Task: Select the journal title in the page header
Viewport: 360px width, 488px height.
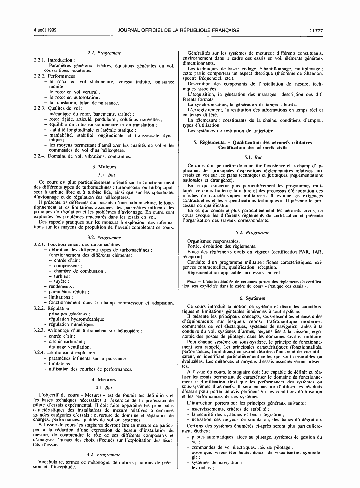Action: click(x=179, y=30)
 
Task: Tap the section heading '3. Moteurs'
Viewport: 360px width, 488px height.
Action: click(x=104, y=167)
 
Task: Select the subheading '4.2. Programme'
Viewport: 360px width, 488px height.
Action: click(x=104, y=454)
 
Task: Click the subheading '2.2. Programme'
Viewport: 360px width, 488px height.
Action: click(x=104, y=53)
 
